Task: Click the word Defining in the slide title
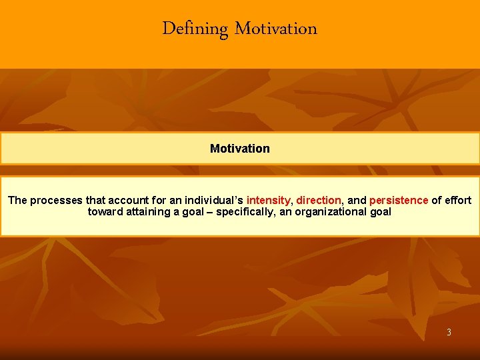(195, 29)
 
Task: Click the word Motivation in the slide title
(276, 29)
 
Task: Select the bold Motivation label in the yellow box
(240, 149)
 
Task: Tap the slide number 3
(449, 332)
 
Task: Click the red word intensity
(269, 200)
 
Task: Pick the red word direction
(319, 200)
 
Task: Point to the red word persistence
(399, 200)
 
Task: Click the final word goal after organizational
(380, 212)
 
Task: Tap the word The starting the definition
(17, 200)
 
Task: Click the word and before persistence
(357, 200)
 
